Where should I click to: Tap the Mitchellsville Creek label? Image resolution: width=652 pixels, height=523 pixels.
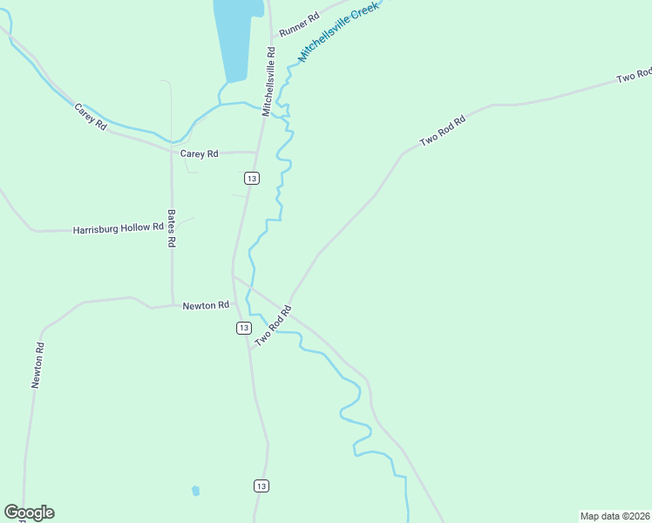click(340, 31)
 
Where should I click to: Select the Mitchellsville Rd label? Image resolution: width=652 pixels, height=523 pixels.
click(271, 65)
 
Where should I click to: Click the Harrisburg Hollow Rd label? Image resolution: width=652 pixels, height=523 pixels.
click(119, 228)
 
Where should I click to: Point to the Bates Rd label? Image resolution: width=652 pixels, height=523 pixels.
click(171, 228)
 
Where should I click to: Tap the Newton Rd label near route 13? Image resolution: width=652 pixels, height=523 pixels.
click(206, 305)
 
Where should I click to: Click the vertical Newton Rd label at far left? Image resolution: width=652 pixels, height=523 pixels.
click(37, 364)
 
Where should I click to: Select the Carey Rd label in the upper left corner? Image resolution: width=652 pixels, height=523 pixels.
click(90, 117)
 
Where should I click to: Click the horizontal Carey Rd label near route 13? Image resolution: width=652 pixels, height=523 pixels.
click(198, 153)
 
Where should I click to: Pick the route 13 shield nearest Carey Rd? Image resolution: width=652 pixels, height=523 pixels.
click(252, 178)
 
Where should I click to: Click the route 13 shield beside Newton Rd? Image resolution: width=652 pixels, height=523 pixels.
click(243, 328)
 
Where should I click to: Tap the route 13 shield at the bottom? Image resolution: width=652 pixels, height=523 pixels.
click(261, 486)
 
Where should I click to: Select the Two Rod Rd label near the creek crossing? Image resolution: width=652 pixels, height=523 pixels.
click(272, 325)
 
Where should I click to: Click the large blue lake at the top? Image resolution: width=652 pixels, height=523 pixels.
click(237, 35)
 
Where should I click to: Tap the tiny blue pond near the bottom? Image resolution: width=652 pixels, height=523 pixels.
click(195, 491)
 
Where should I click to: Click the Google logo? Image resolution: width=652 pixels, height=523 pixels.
click(29, 513)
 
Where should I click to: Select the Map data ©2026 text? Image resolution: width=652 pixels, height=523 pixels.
click(615, 515)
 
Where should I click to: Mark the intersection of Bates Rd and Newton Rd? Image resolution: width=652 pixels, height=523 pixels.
click(172, 305)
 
